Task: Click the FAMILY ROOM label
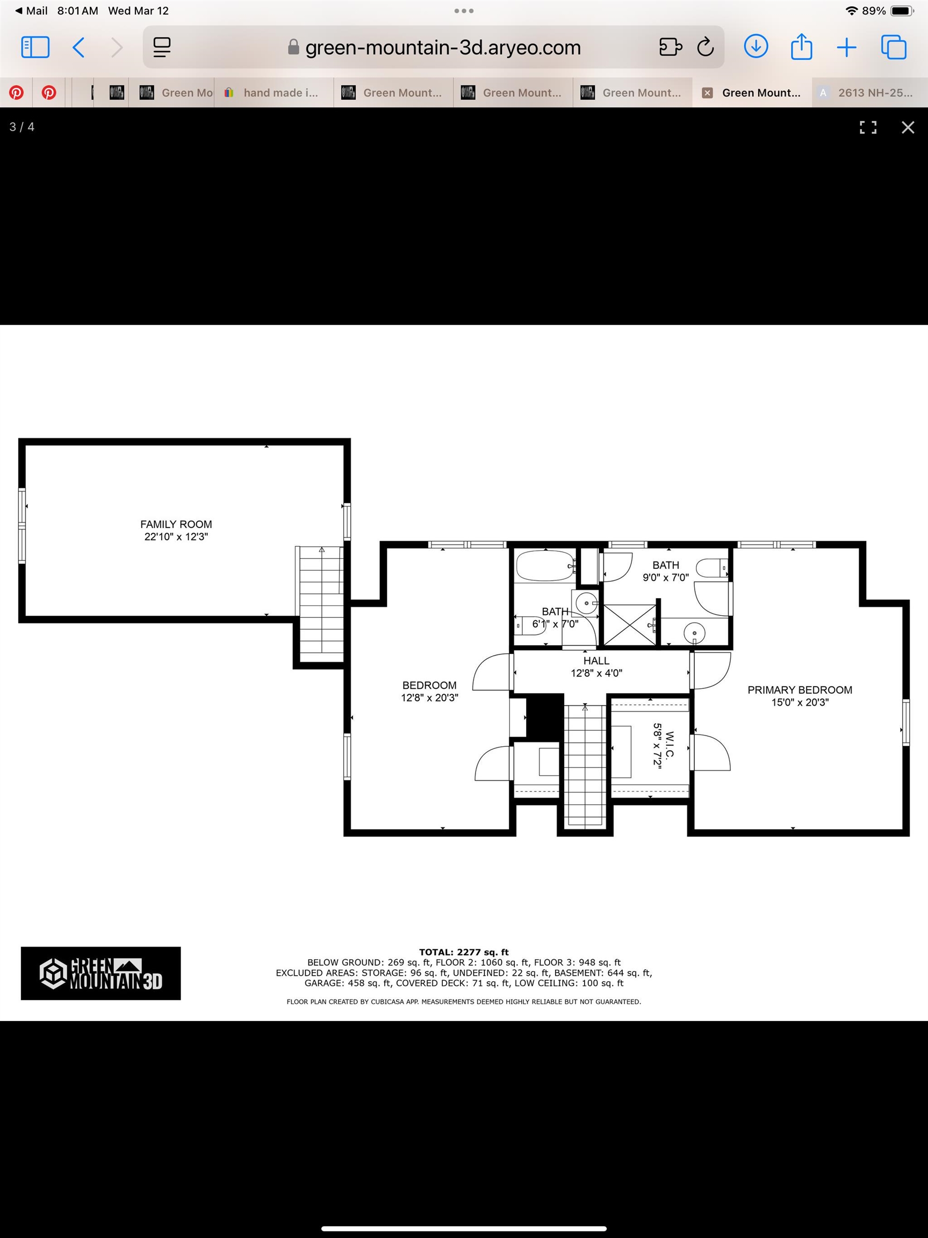click(x=176, y=524)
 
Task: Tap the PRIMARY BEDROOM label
click(x=800, y=690)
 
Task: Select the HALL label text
click(x=596, y=661)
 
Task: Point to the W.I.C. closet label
click(x=670, y=744)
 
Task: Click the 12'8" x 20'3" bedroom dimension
click(x=429, y=697)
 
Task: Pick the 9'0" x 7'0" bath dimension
click(x=665, y=578)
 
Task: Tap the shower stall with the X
click(x=630, y=624)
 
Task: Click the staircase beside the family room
click(x=321, y=604)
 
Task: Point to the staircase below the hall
click(x=585, y=765)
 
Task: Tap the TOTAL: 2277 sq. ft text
click(x=464, y=952)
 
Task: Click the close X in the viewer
click(x=908, y=127)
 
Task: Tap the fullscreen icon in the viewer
click(x=868, y=127)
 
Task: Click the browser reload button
click(x=705, y=47)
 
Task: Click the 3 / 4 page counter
click(x=22, y=127)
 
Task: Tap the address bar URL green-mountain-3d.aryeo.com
click(x=443, y=48)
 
